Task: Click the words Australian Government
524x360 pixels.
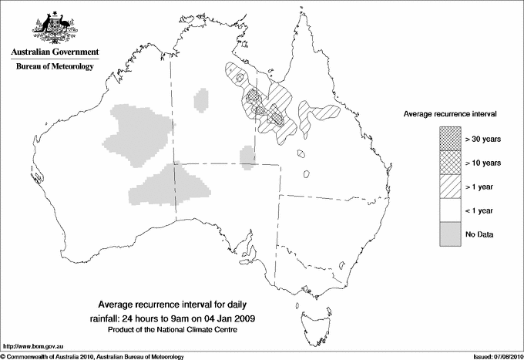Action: tap(55, 52)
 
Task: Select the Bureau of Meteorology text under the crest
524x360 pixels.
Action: tap(55, 67)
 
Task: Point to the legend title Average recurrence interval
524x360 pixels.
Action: tap(450, 113)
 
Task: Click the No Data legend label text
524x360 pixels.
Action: tap(479, 234)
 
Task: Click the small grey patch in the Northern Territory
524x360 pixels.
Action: tap(202, 99)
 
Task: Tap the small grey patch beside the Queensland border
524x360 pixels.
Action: tap(247, 156)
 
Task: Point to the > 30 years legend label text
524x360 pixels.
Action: tap(482, 140)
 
